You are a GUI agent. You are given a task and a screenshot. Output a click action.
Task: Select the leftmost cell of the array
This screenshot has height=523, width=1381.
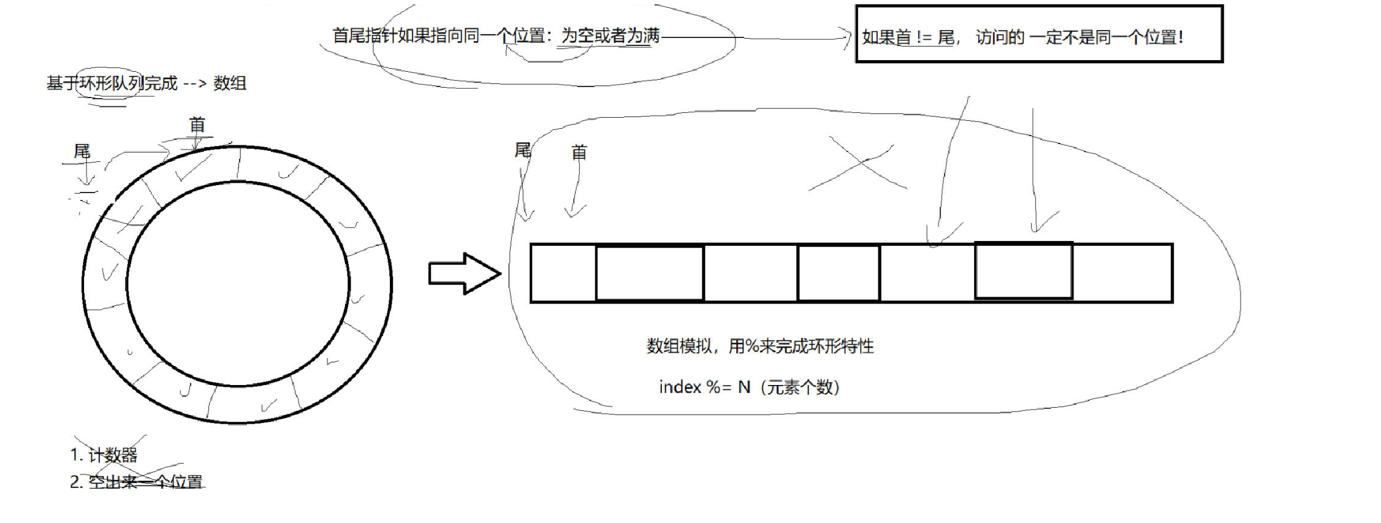click(x=563, y=273)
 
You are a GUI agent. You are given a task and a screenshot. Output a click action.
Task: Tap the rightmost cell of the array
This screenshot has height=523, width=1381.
click(x=1122, y=273)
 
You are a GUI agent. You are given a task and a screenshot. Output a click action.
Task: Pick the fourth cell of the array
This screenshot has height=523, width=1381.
click(x=839, y=273)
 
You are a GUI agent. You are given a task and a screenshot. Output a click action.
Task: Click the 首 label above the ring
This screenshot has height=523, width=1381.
click(x=197, y=126)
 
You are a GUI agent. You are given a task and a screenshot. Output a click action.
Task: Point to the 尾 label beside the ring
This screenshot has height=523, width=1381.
click(x=82, y=151)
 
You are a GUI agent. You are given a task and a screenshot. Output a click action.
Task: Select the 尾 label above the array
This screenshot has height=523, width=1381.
click(x=522, y=150)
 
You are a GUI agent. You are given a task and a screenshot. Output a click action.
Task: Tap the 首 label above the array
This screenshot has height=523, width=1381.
click(x=579, y=153)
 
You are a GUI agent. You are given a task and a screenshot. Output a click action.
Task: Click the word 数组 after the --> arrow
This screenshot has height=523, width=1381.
click(x=230, y=83)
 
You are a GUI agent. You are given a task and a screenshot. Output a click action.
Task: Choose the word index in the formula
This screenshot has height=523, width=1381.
click(x=680, y=387)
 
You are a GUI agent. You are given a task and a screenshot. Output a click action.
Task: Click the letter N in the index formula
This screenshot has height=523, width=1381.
click(x=744, y=387)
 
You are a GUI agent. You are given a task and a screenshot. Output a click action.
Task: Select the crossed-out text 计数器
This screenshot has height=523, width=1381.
click(x=113, y=456)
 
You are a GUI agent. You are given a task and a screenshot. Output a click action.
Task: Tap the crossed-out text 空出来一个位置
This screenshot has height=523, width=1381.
click(x=145, y=483)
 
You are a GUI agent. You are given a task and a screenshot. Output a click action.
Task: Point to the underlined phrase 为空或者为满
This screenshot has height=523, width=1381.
click(x=611, y=36)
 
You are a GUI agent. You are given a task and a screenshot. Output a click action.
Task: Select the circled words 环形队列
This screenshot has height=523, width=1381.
click(x=111, y=83)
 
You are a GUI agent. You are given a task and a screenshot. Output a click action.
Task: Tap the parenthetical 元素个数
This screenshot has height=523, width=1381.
click(x=800, y=387)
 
